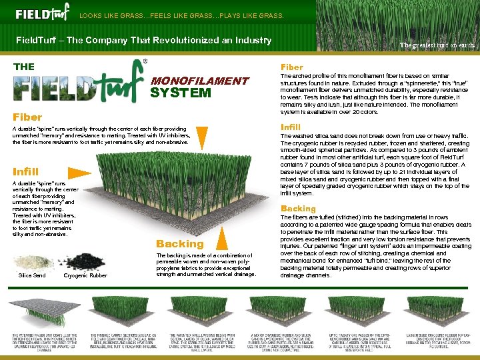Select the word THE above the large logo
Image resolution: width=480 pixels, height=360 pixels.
[x=24, y=66]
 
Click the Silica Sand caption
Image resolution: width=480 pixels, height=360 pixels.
[x=32, y=275]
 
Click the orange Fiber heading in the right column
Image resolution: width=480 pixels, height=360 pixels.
[x=291, y=67]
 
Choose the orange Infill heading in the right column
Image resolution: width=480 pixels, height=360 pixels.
[x=291, y=127]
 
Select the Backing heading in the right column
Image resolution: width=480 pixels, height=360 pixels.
[x=298, y=209]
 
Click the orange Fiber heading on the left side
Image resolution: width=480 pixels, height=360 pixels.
[x=27, y=117]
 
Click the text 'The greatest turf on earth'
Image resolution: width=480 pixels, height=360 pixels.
[x=437, y=45]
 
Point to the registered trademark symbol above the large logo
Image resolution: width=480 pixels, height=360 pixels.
[x=145, y=61]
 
